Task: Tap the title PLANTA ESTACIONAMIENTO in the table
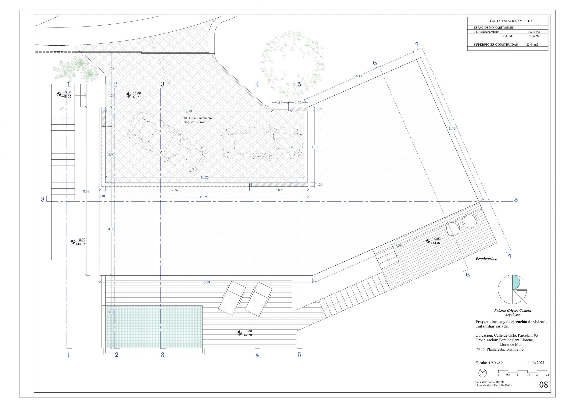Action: [508, 21]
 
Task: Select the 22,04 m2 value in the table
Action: [532, 45]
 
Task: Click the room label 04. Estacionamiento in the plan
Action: [198, 118]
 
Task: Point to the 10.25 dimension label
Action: [205, 177]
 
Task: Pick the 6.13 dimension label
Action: [359, 76]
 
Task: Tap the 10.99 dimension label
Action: [206, 282]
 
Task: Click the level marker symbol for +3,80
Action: [128, 95]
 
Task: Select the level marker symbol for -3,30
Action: [239, 333]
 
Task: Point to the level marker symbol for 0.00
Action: [73, 242]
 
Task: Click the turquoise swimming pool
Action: [154, 326]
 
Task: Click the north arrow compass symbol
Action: [483, 380]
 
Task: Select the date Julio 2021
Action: [536, 363]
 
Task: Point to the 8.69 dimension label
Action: [86, 191]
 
